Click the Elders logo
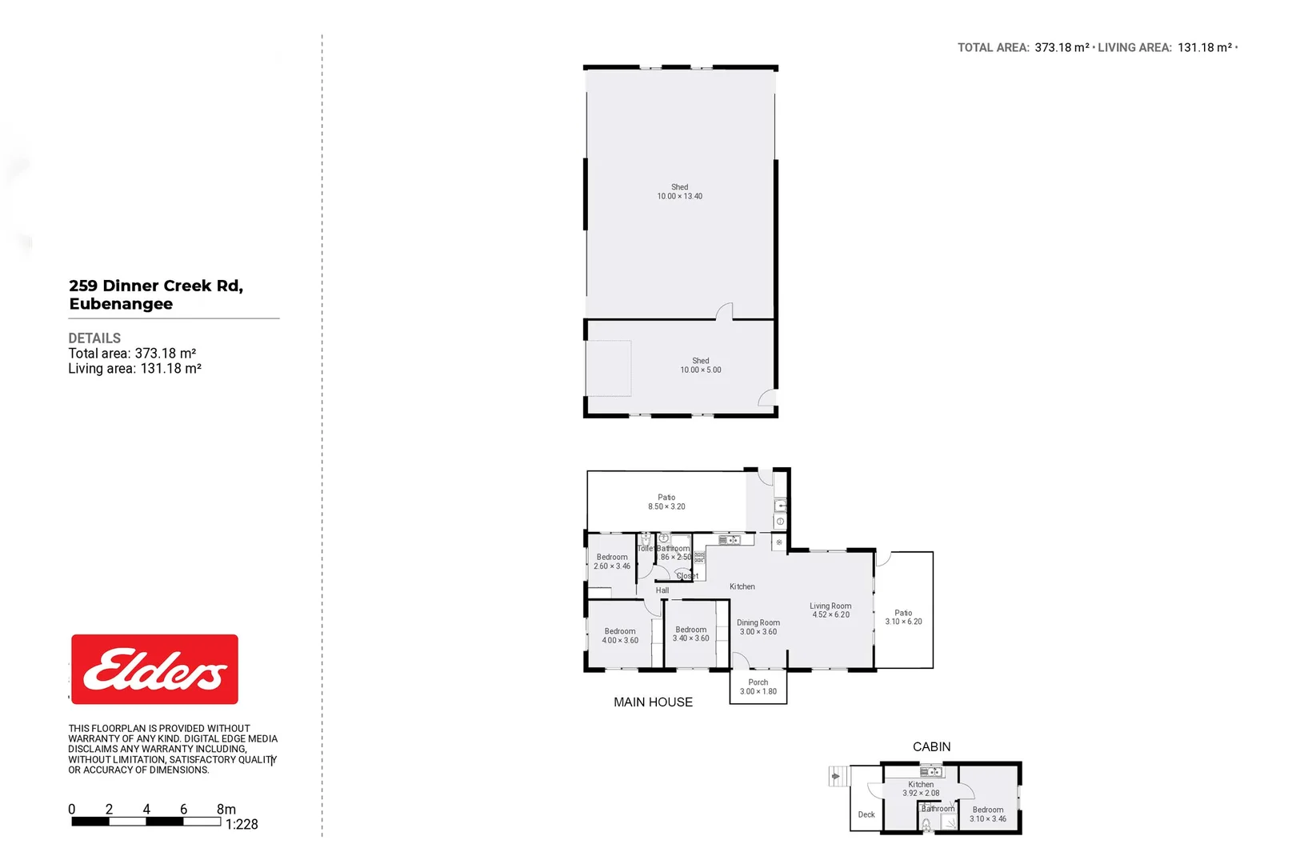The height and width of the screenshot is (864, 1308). point(154,670)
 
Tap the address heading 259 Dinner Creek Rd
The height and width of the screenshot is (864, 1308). point(156,286)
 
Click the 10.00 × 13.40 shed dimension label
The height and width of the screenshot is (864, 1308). point(680,196)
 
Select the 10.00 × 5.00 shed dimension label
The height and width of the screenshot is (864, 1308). point(701,370)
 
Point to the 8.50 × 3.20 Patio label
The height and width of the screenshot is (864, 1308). point(666,506)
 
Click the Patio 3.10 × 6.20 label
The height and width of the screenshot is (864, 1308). point(903,617)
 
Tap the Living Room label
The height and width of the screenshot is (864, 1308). point(830,606)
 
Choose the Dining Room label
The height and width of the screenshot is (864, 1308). point(758,622)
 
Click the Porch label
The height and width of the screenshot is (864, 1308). point(758,682)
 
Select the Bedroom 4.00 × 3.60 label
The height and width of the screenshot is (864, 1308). point(620,636)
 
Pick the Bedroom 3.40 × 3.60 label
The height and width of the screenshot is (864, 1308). point(690,634)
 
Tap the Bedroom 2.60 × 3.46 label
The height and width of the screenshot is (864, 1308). point(612,562)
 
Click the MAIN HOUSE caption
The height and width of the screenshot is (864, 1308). point(653,702)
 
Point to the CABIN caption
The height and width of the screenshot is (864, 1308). point(932,746)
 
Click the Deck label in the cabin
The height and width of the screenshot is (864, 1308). point(866,814)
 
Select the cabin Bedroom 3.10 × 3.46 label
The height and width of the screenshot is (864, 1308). point(988,814)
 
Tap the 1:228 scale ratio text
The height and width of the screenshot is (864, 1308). point(242,825)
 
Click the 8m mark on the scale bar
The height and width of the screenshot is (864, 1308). point(226,810)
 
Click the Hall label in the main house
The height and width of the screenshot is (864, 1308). point(662,590)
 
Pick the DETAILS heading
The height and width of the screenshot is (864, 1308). point(94,338)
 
